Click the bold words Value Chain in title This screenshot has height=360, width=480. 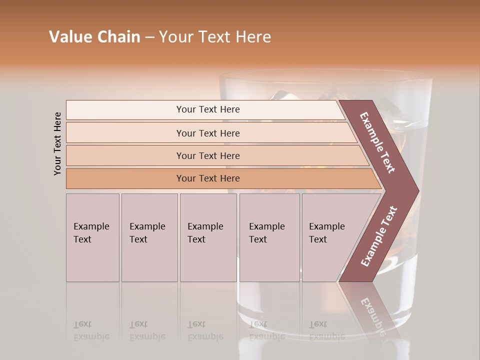94,37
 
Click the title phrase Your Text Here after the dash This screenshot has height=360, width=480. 215,37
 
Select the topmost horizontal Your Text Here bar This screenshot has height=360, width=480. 208,109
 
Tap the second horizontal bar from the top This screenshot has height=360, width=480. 208,133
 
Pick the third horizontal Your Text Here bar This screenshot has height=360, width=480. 208,155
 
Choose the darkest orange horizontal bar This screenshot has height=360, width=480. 208,178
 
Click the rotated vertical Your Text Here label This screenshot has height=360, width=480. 57,143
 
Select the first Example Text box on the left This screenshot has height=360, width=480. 92,237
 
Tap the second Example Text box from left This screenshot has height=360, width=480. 149,237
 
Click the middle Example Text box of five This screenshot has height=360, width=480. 208,237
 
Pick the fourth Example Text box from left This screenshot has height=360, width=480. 269,237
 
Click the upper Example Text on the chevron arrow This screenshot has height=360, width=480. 378,142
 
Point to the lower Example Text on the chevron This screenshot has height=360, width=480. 379,236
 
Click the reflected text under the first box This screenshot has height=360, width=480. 91,330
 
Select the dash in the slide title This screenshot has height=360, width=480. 149,37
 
